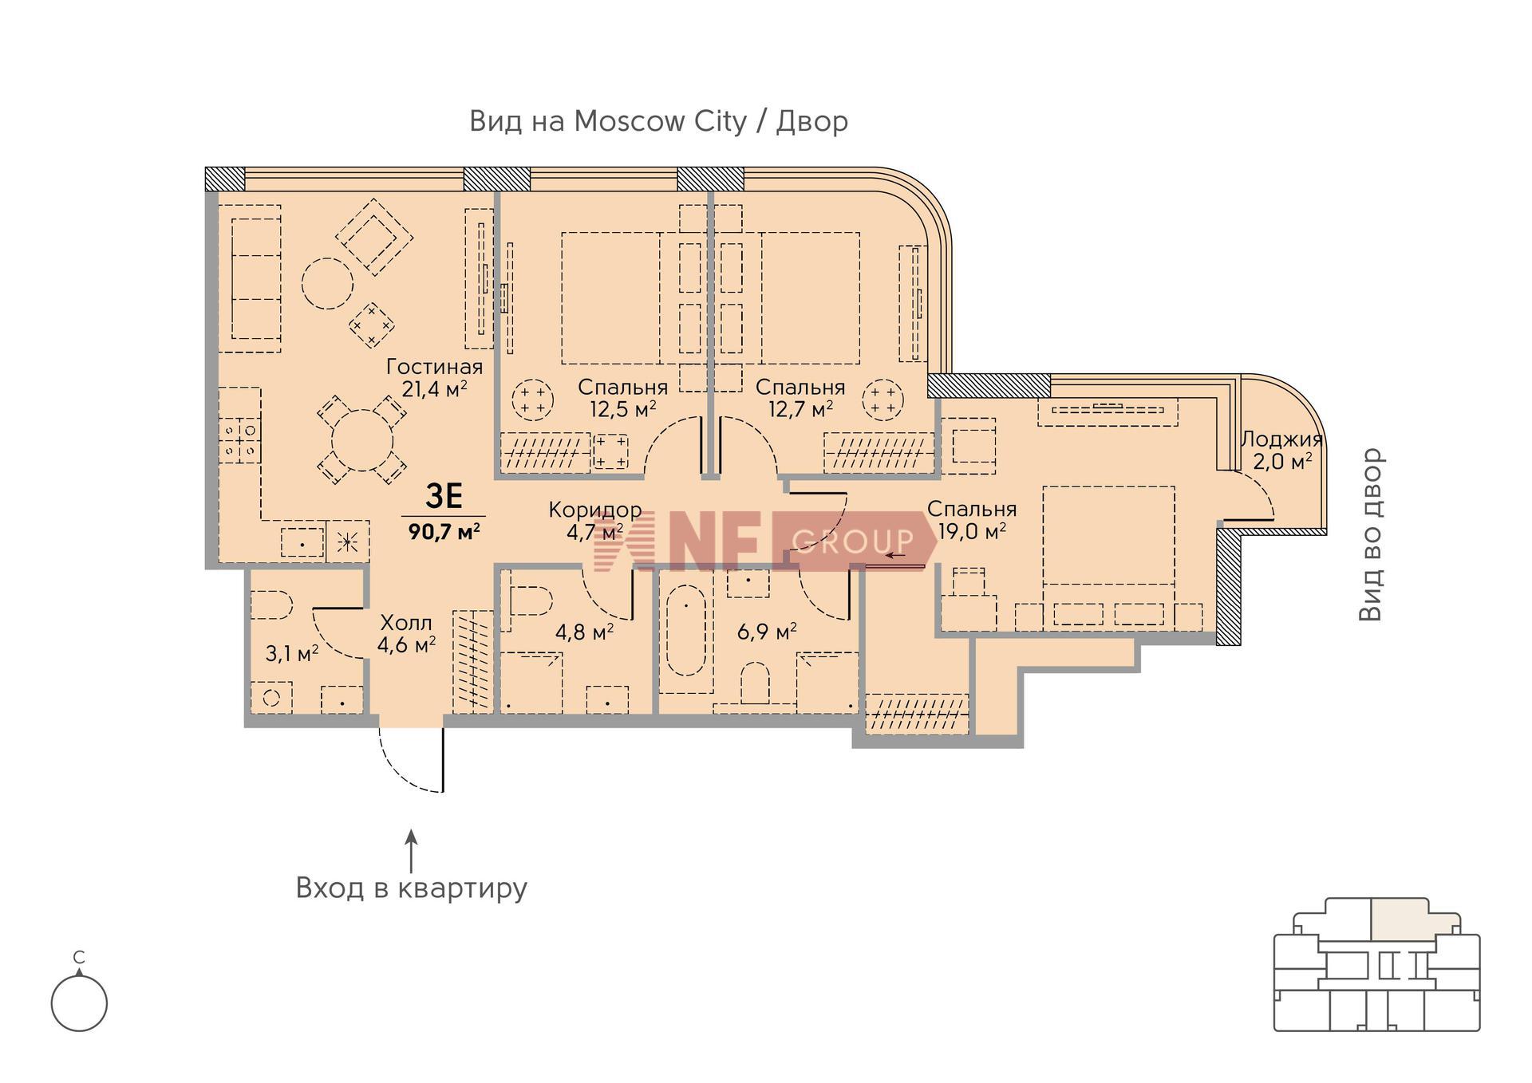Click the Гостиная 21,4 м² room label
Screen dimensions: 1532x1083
coord(435,378)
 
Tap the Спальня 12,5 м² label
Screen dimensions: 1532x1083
coord(622,398)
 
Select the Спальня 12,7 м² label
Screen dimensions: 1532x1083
coord(800,398)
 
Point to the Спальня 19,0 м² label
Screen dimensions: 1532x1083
coord(971,520)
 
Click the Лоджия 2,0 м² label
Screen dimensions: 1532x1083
coord(1281,450)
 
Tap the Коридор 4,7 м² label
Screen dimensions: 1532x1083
coord(595,521)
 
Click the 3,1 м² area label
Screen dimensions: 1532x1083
coord(292,654)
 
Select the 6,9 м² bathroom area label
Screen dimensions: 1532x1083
coord(767,632)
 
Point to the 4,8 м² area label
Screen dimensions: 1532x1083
coord(585,632)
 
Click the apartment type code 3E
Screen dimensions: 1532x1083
coord(444,497)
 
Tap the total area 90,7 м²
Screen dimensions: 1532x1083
coord(444,531)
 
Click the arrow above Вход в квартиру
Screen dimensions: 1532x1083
coord(412,851)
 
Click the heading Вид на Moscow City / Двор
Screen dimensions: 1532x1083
coord(658,121)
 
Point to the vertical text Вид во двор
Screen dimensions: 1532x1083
coord(1371,534)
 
